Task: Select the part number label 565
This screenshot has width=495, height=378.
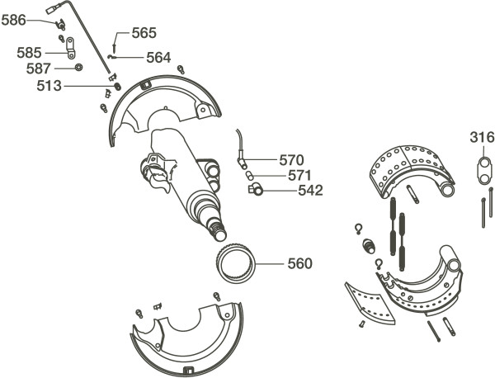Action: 144,33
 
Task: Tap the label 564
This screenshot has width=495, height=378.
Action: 158,58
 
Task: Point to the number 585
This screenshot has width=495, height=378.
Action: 30,53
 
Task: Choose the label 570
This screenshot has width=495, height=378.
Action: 291,159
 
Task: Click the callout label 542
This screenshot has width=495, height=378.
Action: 310,191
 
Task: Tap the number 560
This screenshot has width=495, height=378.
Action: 299,264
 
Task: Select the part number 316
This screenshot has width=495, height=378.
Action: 483,137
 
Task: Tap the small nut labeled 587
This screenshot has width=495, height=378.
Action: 78,68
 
